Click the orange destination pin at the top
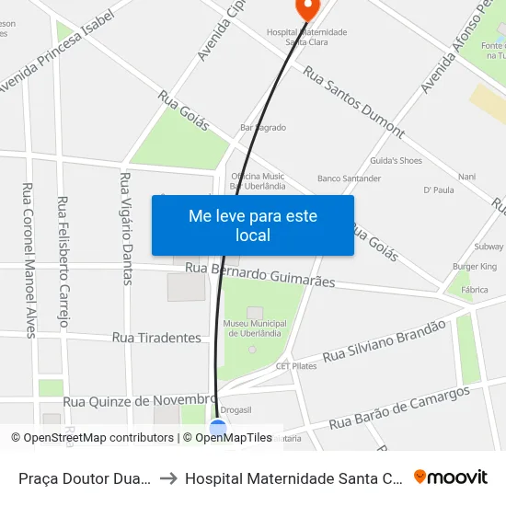[x=305, y=8]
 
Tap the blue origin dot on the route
[x=218, y=428]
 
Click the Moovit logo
[x=451, y=477]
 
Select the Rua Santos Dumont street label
[x=353, y=101]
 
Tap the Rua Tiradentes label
[x=156, y=338]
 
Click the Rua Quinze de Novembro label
[x=140, y=400]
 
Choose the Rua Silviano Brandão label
[x=385, y=340]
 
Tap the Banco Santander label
[x=349, y=178]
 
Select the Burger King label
[x=474, y=267]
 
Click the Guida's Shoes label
[x=396, y=161]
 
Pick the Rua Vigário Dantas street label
[x=127, y=227]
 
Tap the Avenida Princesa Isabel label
[x=57, y=51]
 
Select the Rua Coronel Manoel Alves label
[x=28, y=260]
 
